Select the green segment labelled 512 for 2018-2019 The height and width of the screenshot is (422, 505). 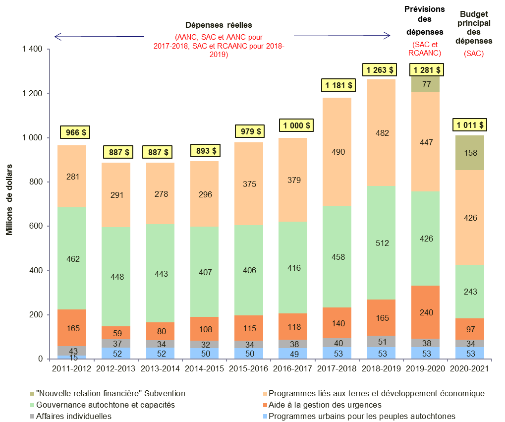point(382,243)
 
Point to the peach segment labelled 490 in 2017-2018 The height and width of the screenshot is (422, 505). point(338,152)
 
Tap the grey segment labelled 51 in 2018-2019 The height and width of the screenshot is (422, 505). point(382,342)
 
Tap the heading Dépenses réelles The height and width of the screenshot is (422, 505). point(219,25)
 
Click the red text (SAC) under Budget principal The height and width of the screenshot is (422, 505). point(473,53)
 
